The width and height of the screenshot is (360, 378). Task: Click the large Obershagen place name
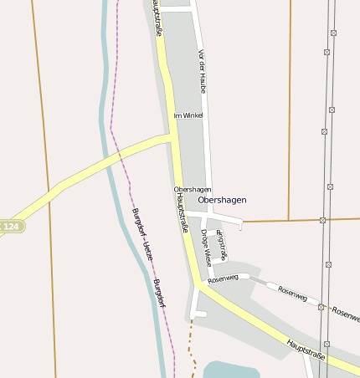tap(223, 200)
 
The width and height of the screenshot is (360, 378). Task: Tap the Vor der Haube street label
tap(202, 71)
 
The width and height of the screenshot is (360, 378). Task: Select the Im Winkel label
tap(188, 115)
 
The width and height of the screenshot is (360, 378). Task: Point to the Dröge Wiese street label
tap(207, 248)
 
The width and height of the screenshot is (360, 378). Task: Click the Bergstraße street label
tap(221, 242)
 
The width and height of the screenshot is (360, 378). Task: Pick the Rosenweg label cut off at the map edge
tap(346, 314)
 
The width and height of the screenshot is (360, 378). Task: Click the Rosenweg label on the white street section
tap(224, 278)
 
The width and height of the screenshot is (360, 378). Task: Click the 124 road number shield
tap(11, 226)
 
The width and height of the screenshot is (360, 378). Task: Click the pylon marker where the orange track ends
tap(322, 220)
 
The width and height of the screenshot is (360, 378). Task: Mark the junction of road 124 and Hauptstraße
tap(172, 138)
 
